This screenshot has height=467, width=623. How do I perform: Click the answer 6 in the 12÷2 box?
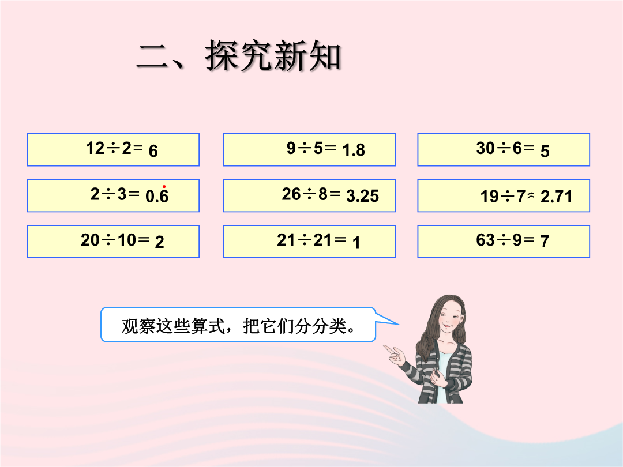153,151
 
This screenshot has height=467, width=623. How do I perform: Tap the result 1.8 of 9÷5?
354,150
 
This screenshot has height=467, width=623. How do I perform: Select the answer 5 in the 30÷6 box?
545,151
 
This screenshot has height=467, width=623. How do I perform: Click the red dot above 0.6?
164,187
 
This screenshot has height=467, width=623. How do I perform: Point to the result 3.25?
363,196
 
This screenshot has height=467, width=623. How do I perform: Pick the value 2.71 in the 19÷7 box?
556,197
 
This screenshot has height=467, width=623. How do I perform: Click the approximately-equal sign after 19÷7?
531,195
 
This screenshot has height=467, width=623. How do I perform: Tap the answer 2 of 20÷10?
159,242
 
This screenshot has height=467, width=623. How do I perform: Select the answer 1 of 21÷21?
356,243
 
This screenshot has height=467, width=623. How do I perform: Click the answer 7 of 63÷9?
545,241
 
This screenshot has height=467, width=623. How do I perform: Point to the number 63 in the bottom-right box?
486,240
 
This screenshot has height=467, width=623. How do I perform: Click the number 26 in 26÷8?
291,194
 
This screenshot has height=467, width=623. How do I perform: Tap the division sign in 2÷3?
108,194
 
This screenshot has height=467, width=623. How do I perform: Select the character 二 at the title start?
153,57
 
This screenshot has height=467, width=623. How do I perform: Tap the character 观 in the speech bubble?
130,326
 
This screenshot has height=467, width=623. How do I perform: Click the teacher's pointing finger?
388,348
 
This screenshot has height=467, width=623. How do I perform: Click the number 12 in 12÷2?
95,148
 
